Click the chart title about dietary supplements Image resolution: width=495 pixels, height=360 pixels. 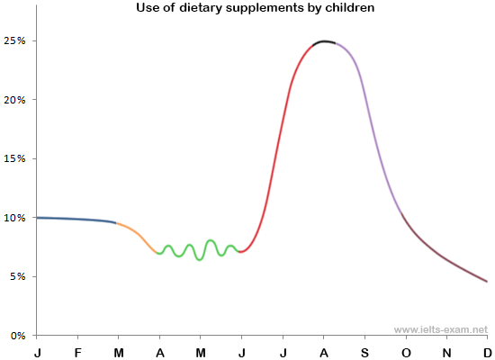[x=247, y=8]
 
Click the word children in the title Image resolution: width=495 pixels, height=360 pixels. [x=347, y=8]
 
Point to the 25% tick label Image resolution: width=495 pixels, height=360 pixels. [x=14, y=41]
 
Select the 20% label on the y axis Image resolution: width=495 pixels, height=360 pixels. [x=14, y=100]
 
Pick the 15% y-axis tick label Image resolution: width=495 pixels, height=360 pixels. [x=14, y=158]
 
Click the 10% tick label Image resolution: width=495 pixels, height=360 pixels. [x=14, y=218]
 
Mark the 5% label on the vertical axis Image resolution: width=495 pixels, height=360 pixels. [x=17, y=276]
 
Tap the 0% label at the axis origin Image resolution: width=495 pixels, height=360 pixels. [x=17, y=336]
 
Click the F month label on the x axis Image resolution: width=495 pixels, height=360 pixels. [x=78, y=350]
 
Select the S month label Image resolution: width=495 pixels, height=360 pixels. [x=364, y=350]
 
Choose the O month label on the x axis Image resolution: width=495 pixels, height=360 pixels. [x=405, y=350]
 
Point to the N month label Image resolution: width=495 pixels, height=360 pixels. [x=446, y=350]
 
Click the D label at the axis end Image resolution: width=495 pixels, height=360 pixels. [x=487, y=350]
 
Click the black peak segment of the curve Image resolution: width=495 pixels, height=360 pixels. [x=324, y=41]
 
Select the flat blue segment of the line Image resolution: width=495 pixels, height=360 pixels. [x=76, y=219]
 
